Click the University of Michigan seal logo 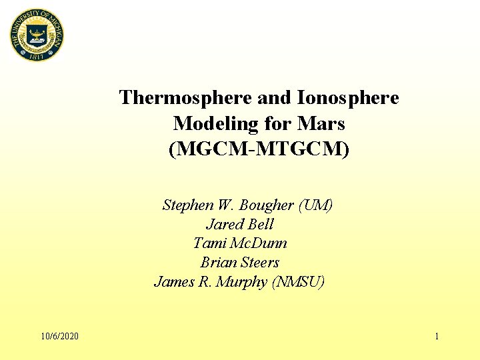pos(36,36)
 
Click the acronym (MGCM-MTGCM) pos(259,149)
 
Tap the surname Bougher pos(267,205)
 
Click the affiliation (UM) pos(316,205)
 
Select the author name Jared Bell pos(239,224)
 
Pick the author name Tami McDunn pos(240,243)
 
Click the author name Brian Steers pos(239,263)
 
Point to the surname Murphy pos(241,282)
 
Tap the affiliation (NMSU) pos(299,282)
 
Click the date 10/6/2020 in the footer pos(59,336)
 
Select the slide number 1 pos(437,336)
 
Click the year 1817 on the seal pos(36,57)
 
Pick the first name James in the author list pos(174,282)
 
